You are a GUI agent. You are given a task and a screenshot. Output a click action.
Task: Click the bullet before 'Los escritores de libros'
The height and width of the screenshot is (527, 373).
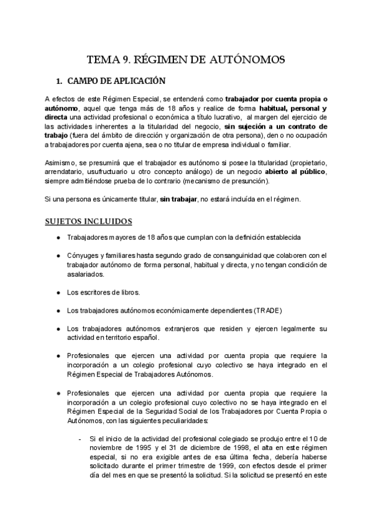(x=58, y=292)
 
